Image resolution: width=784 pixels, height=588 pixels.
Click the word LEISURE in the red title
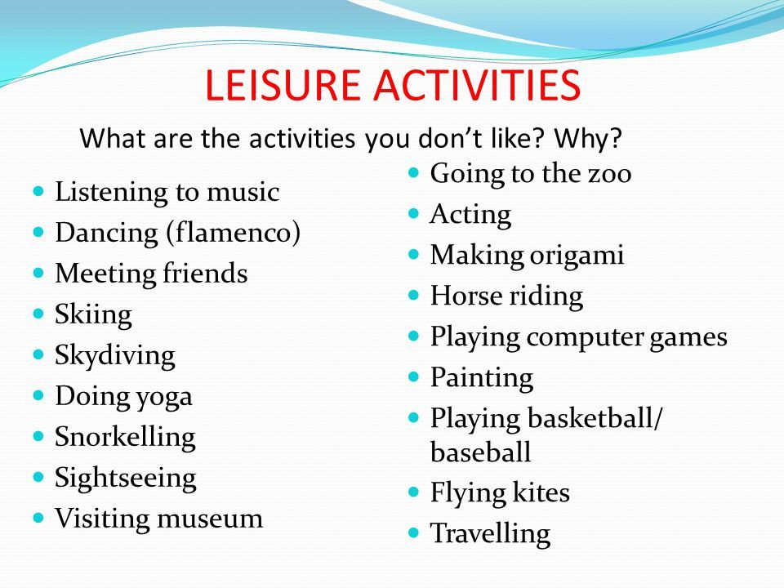coord(283,84)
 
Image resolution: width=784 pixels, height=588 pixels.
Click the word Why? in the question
coord(588,139)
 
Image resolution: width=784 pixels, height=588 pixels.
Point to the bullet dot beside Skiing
coord(38,314)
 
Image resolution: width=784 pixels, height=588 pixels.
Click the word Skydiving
coord(115,356)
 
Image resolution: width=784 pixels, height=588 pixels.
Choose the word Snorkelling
coord(125,437)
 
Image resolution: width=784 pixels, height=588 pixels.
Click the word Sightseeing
coord(126,478)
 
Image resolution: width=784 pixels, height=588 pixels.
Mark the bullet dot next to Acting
coord(413,214)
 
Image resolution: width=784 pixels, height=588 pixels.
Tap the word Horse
coord(466,296)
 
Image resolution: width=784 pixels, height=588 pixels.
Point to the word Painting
coord(482,377)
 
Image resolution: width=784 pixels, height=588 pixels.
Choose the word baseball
coord(480,452)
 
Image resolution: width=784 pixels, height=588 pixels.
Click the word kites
coord(541,492)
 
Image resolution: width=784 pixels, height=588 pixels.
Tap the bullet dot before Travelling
coord(413,533)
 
